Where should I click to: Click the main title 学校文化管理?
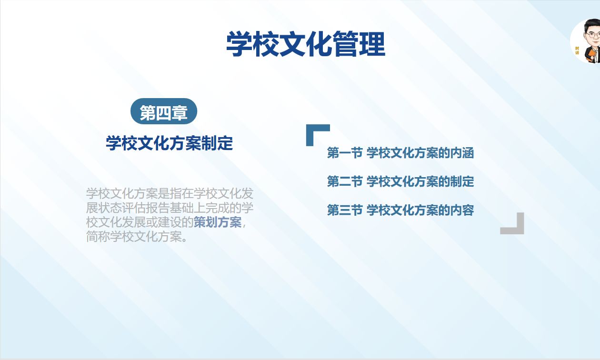(x=305, y=44)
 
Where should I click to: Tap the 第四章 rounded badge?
(x=163, y=112)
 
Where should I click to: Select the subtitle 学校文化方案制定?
(x=169, y=143)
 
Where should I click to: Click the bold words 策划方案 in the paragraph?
(x=218, y=222)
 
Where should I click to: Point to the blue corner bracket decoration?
(x=314, y=131)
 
